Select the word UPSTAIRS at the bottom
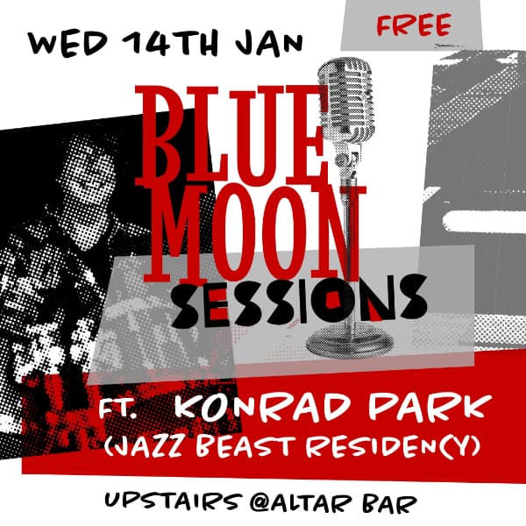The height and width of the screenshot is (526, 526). click(161, 501)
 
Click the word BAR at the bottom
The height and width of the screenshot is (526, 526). click(389, 501)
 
